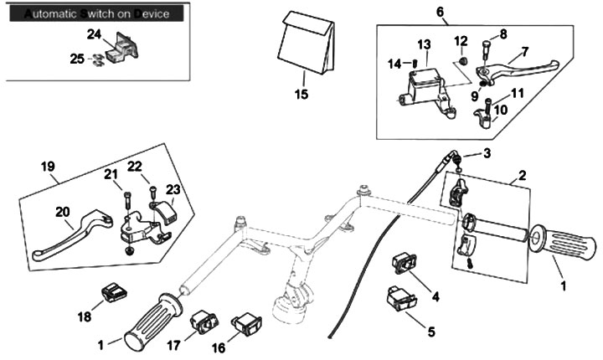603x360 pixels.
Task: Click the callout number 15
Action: click(301, 95)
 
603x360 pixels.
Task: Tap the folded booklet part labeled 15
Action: click(306, 45)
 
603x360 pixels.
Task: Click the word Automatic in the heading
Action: click(51, 14)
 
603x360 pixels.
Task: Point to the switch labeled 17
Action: click(204, 321)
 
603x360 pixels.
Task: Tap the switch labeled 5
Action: click(401, 297)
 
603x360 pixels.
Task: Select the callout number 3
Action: click(487, 154)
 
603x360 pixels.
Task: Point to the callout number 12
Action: click(461, 40)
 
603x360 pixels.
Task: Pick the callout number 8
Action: click(502, 34)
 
